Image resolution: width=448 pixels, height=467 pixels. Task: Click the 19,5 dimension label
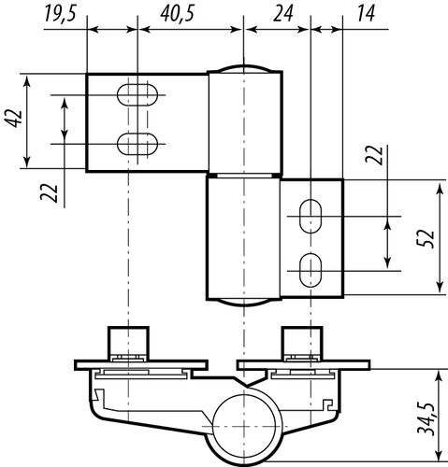[60, 14]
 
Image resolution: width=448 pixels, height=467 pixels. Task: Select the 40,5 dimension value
[178, 14]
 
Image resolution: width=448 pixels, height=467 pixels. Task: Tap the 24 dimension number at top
[283, 14]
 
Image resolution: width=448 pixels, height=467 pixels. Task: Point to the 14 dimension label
[366, 14]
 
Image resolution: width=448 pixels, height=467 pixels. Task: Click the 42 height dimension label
[14, 119]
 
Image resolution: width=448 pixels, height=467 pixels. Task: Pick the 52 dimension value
[426, 238]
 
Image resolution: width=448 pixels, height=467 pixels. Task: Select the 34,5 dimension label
[426, 418]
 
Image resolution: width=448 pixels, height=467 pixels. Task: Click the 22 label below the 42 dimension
[50, 193]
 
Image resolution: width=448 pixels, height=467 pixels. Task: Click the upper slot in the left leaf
[137, 94]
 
